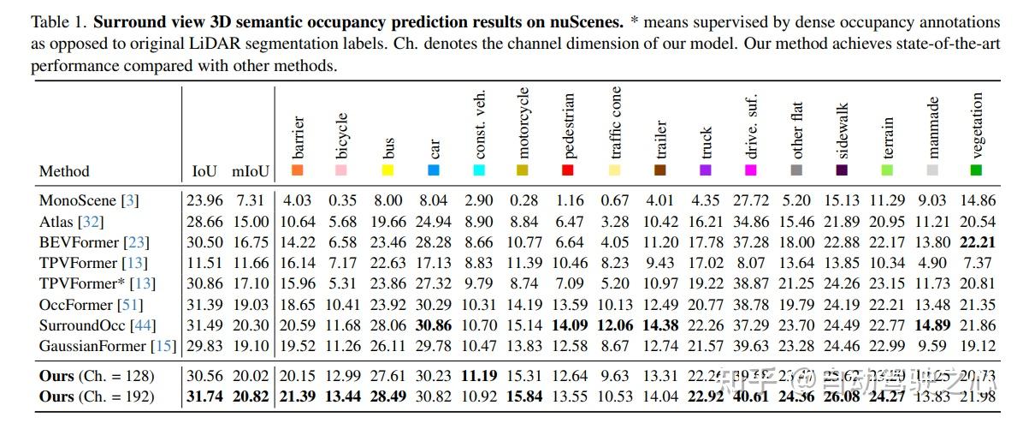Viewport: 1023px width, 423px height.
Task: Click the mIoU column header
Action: [x=252, y=171]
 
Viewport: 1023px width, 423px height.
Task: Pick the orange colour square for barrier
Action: [x=298, y=170]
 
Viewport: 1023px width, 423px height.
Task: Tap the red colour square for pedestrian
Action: [x=568, y=170]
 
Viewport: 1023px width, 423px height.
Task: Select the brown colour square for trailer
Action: [x=659, y=170]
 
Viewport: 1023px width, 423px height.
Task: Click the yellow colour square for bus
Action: [x=387, y=170]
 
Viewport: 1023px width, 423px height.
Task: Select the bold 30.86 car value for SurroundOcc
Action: [x=434, y=325]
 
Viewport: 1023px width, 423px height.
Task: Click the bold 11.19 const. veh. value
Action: [x=479, y=375]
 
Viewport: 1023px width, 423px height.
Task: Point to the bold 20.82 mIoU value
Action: [x=252, y=396]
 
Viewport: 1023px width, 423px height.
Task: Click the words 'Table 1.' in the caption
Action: [x=59, y=21]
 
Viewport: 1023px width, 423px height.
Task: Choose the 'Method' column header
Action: [x=64, y=171]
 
